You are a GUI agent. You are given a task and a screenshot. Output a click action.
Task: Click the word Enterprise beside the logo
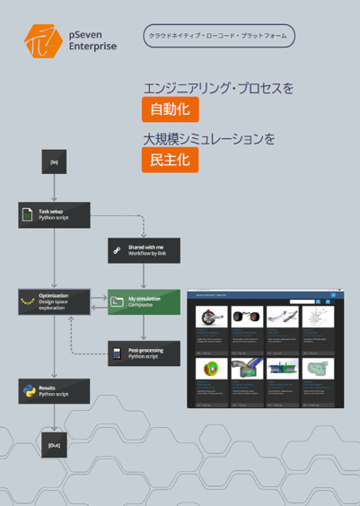click(92, 47)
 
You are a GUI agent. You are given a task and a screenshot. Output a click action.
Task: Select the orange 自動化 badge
click(170, 110)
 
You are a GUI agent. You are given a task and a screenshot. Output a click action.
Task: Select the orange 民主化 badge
click(170, 161)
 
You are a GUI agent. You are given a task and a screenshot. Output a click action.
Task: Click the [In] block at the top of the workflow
click(55, 162)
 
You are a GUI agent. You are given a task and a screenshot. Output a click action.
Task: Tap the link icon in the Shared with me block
click(117, 251)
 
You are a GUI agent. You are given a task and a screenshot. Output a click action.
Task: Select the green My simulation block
click(144, 301)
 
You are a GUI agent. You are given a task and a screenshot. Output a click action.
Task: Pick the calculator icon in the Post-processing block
click(117, 353)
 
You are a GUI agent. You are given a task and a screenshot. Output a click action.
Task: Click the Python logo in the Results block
click(27, 391)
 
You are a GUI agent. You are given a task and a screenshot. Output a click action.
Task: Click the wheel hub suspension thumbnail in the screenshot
click(209, 317)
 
